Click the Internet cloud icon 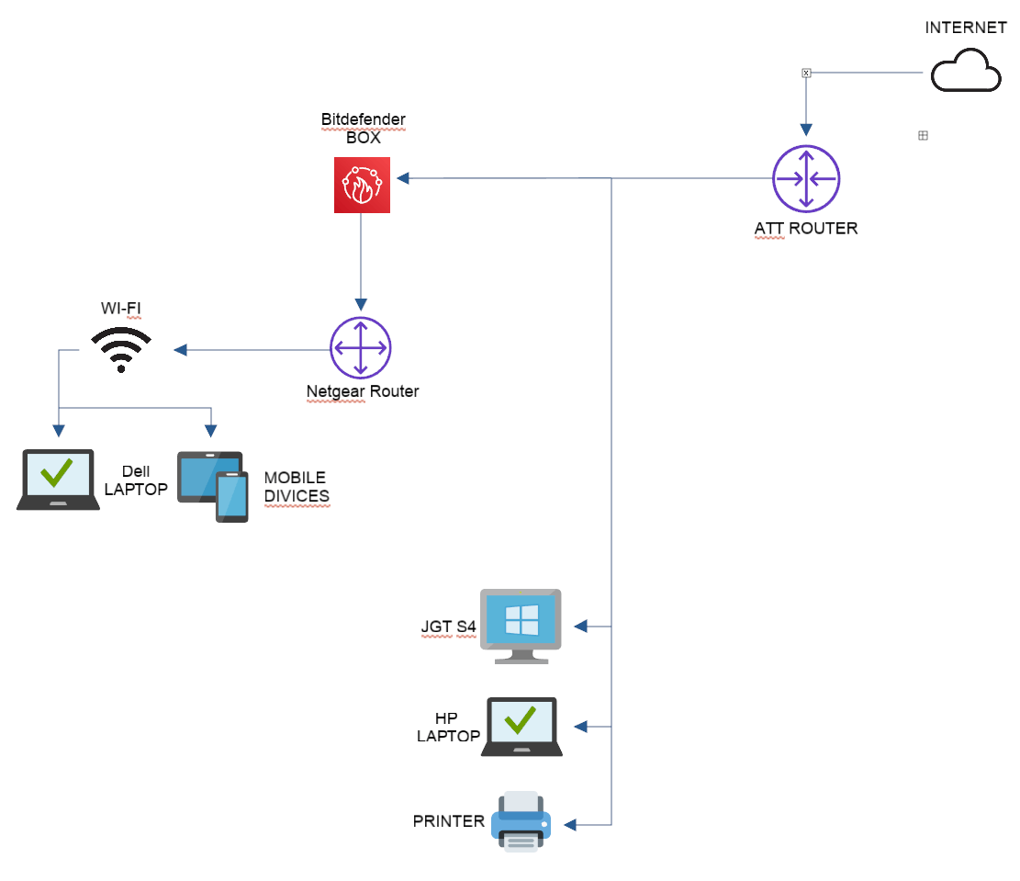click(966, 72)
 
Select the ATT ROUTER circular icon click(806, 178)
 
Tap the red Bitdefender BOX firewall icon click(362, 185)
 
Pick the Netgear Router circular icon click(361, 348)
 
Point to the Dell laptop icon click(58, 480)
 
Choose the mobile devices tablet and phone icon click(214, 486)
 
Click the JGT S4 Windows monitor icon click(521, 626)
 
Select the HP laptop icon click(521, 726)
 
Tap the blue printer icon click(521, 821)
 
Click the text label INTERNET click(966, 28)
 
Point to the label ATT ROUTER click(806, 228)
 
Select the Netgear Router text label click(363, 392)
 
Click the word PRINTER click(448, 821)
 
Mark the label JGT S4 click(449, 627)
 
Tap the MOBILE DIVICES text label click(296, 487)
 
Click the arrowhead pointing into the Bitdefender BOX click(404, 178)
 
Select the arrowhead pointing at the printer click(570, 825)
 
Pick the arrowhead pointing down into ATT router click(806, 130)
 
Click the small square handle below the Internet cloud click(924, 135)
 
